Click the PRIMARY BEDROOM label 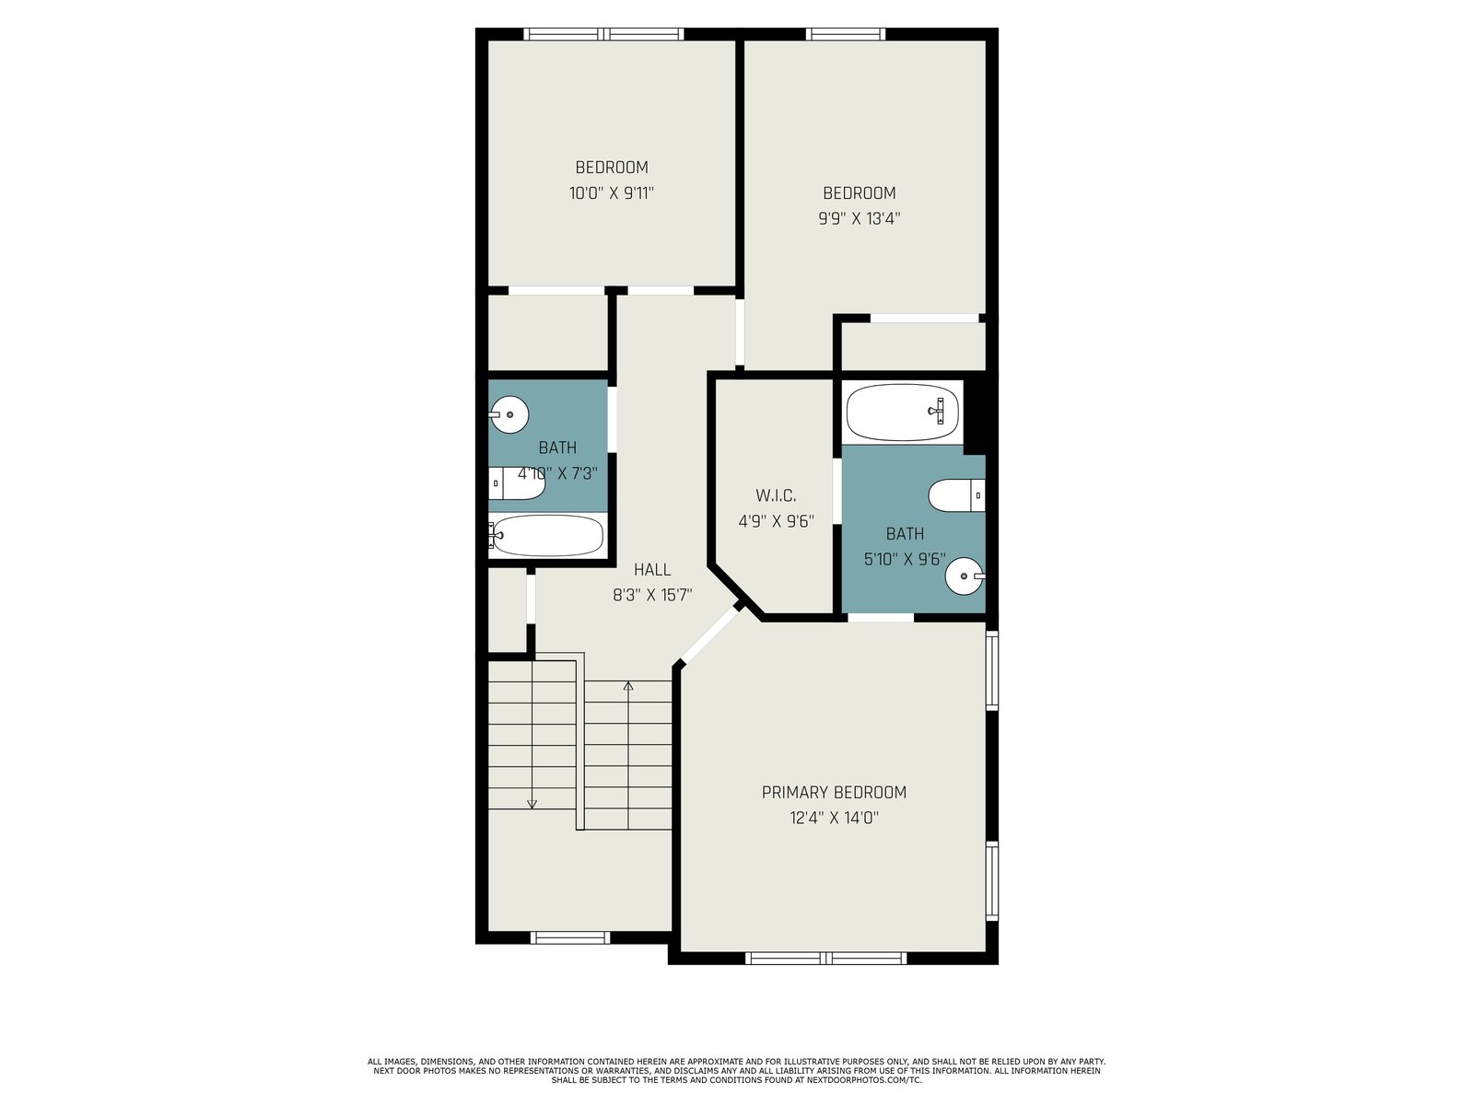834,792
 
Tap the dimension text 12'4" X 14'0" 834,818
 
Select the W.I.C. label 776,495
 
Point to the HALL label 652,570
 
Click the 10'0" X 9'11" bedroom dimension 611,193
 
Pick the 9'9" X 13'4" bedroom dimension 859,219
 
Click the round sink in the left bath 509,414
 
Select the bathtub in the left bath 546,535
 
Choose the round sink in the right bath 965,576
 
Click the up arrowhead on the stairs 628,686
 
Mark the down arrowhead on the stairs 532,804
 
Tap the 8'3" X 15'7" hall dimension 652,595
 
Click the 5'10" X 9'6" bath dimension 905,560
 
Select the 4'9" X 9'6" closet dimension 777,521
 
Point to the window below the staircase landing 570,937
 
